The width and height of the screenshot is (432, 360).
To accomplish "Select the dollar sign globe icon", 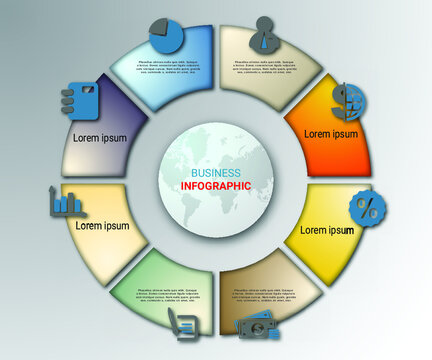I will (349, 98).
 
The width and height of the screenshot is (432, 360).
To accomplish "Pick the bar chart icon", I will (66, 205).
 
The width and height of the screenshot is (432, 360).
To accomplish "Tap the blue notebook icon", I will (76, 98).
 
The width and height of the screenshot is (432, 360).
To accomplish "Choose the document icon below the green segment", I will (182, 322).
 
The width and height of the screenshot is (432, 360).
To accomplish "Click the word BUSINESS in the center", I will (217, 172).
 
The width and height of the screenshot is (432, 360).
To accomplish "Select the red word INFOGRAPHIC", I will (217, 185).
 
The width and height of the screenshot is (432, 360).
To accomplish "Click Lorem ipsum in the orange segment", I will (331, 133).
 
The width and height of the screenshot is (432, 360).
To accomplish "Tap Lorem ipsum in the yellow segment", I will (326, 230).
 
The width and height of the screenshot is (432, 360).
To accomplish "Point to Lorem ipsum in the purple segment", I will (100, 138).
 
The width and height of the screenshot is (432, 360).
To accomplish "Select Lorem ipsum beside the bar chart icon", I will (103, 226).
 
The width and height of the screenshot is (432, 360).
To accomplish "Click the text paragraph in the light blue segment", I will (166, 67).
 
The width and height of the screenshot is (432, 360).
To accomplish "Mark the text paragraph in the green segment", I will (166, 295).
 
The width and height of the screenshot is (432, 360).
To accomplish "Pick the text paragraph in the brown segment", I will (265, 296).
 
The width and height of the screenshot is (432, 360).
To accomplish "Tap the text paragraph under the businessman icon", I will (265, 67).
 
